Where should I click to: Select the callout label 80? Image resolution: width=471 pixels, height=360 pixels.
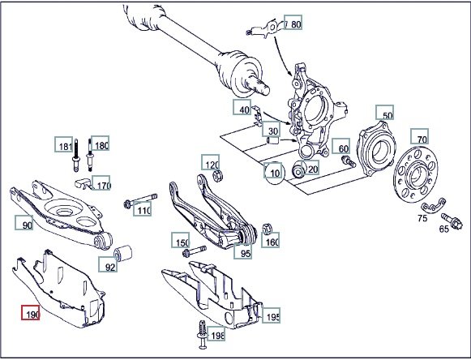[296, 24]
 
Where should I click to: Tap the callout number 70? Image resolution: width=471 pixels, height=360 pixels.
[422, 139]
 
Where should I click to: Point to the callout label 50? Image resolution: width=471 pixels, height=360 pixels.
[388, 115]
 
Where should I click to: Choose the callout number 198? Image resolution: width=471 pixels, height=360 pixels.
[217, 336]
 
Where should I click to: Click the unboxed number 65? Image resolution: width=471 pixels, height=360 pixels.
[443, 229]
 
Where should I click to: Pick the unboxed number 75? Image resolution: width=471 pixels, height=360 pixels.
[422, 218]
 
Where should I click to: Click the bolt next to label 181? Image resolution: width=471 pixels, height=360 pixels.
[76, 155]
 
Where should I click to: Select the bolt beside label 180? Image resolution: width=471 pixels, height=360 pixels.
[90, 155]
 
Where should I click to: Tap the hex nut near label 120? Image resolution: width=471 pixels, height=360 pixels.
[217, 176]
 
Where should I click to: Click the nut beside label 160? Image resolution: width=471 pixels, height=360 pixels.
[267, 229]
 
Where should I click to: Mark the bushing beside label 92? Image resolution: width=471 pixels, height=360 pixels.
[123, 253]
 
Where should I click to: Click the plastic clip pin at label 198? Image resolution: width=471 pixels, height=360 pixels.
[203, 335]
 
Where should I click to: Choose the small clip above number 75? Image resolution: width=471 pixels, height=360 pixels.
[433, 206]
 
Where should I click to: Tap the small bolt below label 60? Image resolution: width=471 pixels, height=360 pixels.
[349, 161]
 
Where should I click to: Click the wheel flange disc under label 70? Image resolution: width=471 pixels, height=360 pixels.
[415, 174]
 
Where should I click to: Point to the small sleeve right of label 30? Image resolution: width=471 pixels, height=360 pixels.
[273, 140]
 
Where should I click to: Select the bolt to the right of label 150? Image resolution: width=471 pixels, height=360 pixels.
[195, 251]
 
